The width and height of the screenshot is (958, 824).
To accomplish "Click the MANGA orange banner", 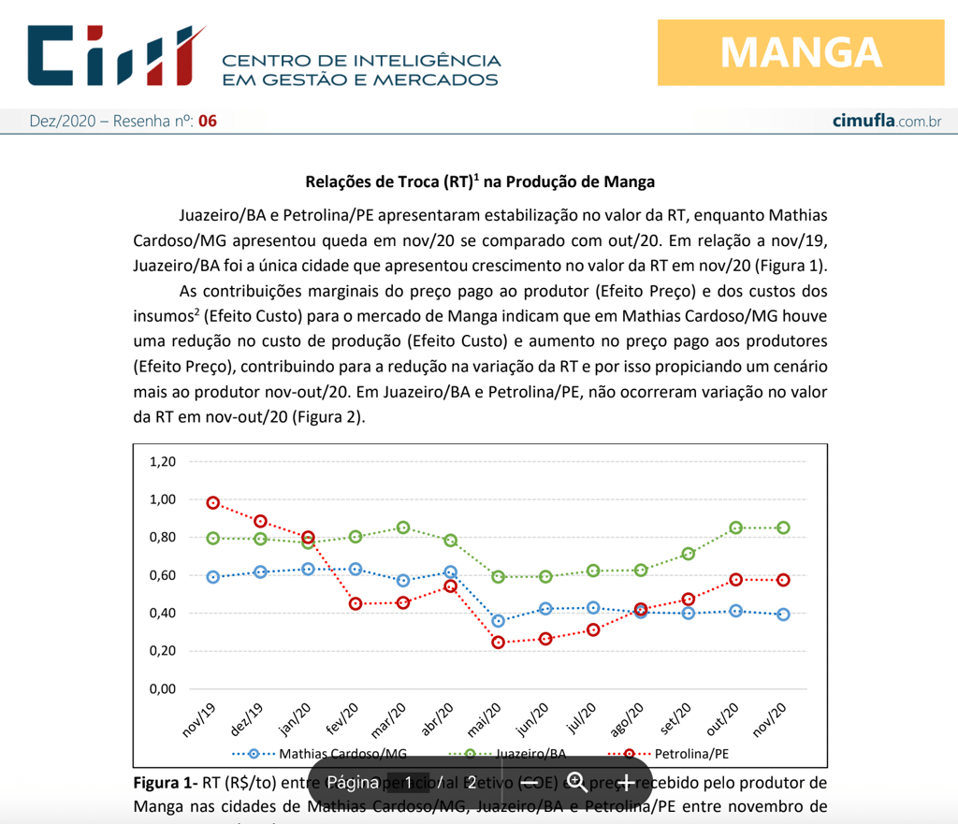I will point(801,52).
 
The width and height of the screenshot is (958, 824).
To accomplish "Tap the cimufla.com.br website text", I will point(887,121).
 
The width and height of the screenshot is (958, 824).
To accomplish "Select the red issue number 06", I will point(208,121).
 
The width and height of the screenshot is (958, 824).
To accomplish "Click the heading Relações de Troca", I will point(480,181).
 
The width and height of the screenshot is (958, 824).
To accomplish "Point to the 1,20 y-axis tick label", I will point(163,461).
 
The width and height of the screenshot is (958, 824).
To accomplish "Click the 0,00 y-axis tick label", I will point(163,689).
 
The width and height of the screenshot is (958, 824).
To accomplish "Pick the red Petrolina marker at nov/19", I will point(213,503).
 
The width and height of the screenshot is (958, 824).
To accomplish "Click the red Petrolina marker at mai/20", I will point(499,643).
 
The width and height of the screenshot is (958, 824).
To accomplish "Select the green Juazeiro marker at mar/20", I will point(403,528).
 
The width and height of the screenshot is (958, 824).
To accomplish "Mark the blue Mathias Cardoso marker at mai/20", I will point(499,621).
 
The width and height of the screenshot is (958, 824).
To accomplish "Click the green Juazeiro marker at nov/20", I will point(783,528).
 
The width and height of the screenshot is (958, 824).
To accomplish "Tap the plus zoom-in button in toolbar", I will point(626,782).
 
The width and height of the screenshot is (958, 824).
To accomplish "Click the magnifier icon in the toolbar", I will point(577,782).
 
